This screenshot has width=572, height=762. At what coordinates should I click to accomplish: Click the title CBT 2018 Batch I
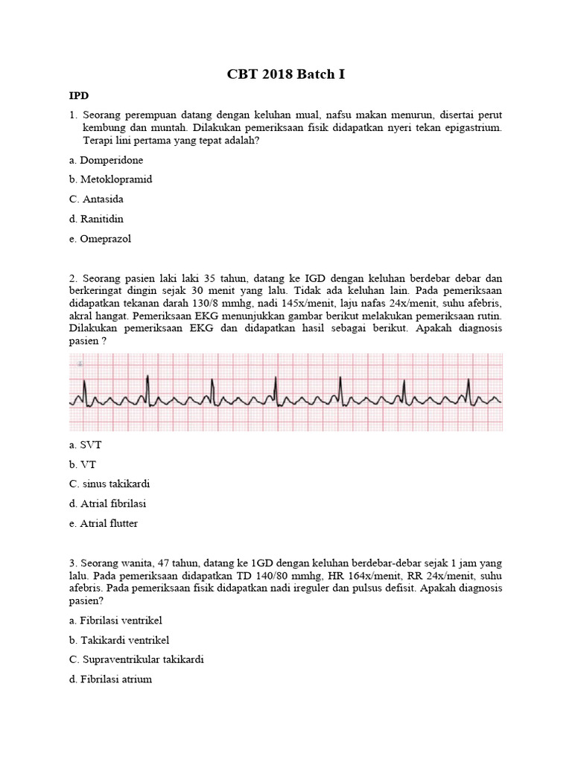point(286,75)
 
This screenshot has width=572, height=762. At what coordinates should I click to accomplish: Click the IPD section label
point(79,96)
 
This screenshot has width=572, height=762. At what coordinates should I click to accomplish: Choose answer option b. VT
point(82,464)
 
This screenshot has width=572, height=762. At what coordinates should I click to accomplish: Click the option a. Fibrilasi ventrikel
point(115,620)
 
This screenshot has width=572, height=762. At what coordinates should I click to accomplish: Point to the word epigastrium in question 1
point(472,128)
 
